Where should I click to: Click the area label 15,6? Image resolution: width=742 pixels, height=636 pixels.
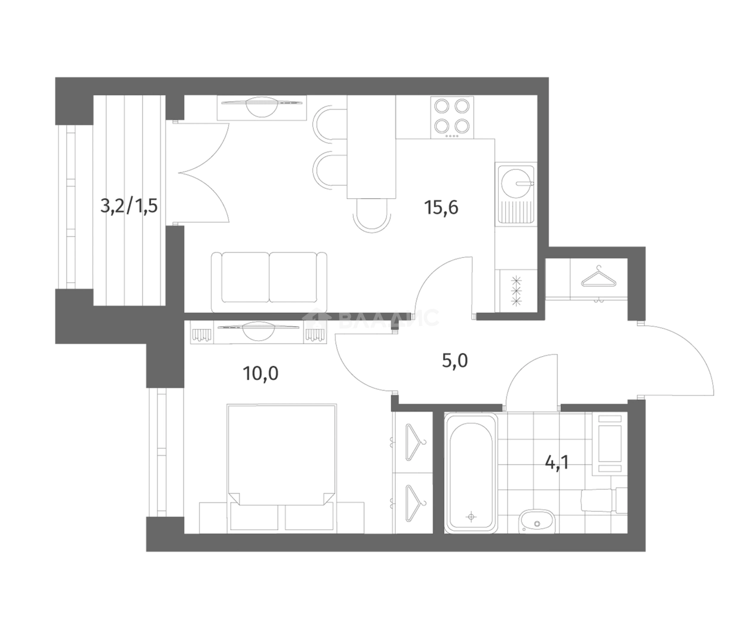(441, 208)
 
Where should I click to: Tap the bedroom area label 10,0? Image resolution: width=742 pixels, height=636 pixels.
(260, 374)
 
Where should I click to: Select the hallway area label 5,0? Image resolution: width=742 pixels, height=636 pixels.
(455, 361)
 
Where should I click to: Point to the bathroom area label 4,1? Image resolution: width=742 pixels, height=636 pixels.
(557, 463)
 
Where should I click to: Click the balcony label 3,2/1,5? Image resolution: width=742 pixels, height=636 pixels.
(129, 206)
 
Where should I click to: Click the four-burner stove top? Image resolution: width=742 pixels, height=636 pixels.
(452, 117)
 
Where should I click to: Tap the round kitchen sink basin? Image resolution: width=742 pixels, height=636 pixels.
(516, 184)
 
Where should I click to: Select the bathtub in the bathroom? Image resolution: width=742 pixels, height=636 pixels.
(471, 473)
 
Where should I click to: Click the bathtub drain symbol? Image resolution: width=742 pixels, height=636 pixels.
(471, 517)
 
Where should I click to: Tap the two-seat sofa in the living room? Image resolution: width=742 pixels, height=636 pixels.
(269, 282)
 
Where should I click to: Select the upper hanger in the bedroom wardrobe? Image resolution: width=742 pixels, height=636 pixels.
(415, 442)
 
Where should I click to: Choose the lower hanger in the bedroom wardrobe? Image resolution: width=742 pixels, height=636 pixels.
(415, 503)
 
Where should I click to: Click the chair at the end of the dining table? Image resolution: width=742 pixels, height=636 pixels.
(372, 215)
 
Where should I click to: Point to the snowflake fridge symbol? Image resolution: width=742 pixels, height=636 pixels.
(517, 290)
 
